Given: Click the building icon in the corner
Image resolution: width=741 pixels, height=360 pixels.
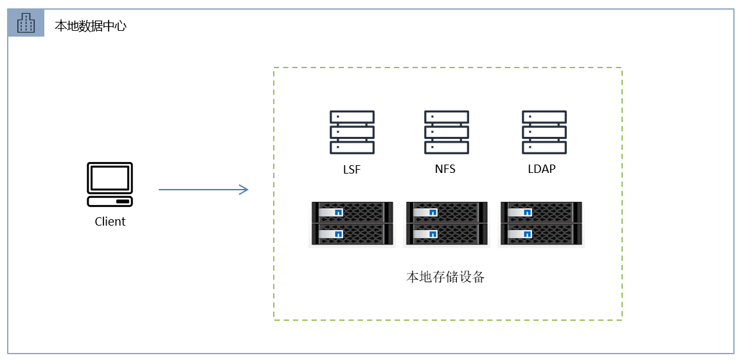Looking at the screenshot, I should click(26, 24).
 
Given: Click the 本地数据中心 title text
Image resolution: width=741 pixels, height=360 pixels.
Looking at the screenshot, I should click(90, 26).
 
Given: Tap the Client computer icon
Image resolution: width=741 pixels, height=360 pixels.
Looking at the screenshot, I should click(110, 184).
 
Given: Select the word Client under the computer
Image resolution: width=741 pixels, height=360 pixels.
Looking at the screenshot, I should click(110, 222).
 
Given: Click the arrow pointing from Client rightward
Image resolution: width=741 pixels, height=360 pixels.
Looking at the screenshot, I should click(203, 190).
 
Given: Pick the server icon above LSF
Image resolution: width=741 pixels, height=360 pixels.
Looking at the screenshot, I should click(352, 132).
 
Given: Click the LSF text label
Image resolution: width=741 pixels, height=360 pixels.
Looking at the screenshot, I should click(352, 170).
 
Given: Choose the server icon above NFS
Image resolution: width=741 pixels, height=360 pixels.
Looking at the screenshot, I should click(446, 132).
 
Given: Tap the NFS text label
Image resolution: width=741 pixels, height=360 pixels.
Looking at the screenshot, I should click(446, 170).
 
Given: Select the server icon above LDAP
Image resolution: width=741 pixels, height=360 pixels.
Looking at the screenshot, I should click(544, 132).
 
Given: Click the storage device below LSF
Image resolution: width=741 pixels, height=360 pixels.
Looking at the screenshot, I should click(352, 223).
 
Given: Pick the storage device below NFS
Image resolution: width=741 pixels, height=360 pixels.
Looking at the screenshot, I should click(446, 223).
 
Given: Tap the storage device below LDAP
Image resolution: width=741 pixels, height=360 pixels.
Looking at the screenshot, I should click(541, 223).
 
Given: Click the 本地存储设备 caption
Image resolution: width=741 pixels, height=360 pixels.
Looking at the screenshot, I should click(446, 278).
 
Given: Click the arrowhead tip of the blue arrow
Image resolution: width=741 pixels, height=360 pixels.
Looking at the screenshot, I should click(247, 190).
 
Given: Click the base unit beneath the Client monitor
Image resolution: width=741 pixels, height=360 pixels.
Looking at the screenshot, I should click(110, 201).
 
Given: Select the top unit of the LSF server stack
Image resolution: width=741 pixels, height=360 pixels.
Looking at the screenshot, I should click(352, 117).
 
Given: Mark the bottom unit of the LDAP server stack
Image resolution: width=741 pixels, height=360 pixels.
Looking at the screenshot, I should click(544, 147).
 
